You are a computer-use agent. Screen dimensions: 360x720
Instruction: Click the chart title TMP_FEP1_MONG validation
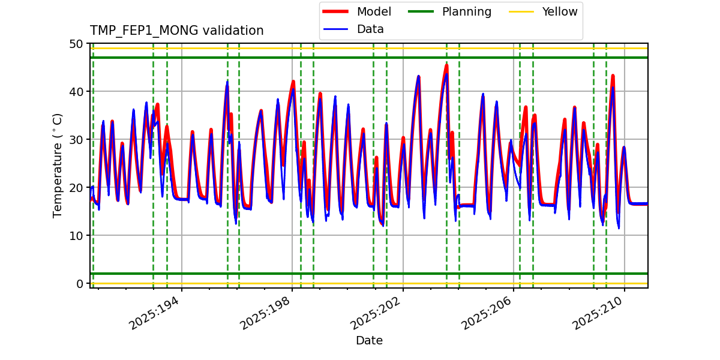click(x=176, y=31)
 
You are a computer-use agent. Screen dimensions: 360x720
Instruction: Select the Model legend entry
click(x=374, y=11)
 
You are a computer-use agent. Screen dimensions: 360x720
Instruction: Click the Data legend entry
click(x=370, y=29)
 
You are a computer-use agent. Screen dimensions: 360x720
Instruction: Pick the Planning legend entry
click(x=466, y=11)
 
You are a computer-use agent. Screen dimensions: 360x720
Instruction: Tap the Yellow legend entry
click(x=559, y=11)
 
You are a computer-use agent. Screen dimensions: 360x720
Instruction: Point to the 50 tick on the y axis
click(x=76, y=44)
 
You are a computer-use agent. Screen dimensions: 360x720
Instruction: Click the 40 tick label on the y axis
click(x=76, y=92)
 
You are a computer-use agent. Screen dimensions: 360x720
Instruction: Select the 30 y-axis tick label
click(x=76, y=140)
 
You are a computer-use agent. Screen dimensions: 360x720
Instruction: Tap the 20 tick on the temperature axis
click(x=76, y=188)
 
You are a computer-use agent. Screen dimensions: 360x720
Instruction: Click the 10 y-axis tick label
click(x=76, y=236)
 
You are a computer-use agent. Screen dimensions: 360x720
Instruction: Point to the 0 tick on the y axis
click(x=79, y=284)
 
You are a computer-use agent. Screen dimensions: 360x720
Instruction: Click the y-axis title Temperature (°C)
click(x=58, y=165)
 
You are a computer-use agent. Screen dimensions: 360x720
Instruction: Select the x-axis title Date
click(x=369, y=341)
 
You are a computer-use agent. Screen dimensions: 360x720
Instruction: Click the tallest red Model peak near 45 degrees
click(x=446, y=65)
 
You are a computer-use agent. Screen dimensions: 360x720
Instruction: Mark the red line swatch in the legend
click(x=338, y=11)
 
